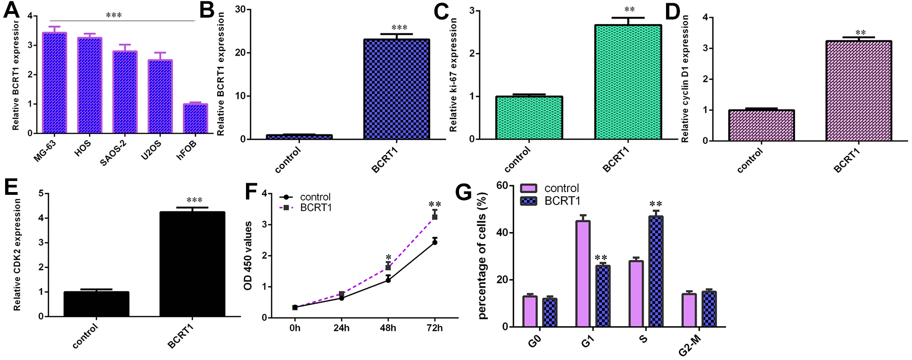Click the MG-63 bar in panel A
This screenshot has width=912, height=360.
[x=54, y=84]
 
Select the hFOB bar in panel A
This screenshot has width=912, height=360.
[x=195, y=119]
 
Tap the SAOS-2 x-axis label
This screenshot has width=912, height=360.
[x=113, y=153]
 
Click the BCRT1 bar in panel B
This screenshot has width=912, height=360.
[x=396, y=90]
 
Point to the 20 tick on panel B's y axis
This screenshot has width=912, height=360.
[x=240, y=52]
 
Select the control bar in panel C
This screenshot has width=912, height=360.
[x=529, y=118]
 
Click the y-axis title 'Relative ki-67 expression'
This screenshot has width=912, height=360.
[x=453, y=74]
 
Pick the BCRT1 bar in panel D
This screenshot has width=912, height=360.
[x=859, y=91]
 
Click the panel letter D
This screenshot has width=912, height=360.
[x=673, y=12]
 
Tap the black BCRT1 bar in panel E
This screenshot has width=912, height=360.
[x=192, y=264]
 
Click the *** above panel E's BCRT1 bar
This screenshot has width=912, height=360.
[x=194, y=200]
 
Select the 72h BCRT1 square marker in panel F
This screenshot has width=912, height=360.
[x=435, y=217]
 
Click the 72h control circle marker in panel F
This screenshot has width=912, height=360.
[x=435, y=242]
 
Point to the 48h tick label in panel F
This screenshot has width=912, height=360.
[x=388, y=328]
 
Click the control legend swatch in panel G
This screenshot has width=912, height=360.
[x=529, y=188]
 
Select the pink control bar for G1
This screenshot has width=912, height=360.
[x=583, y=274]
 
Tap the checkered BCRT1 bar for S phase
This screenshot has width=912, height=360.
[x=656, y=271]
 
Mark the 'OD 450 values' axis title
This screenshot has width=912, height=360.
[x=248, y=256]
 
